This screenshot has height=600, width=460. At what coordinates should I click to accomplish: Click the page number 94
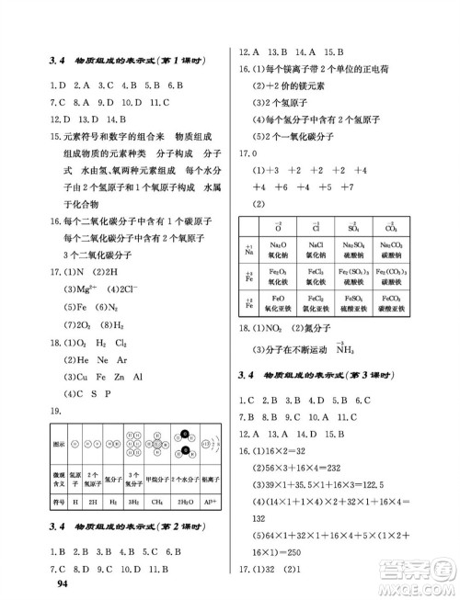63,583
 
